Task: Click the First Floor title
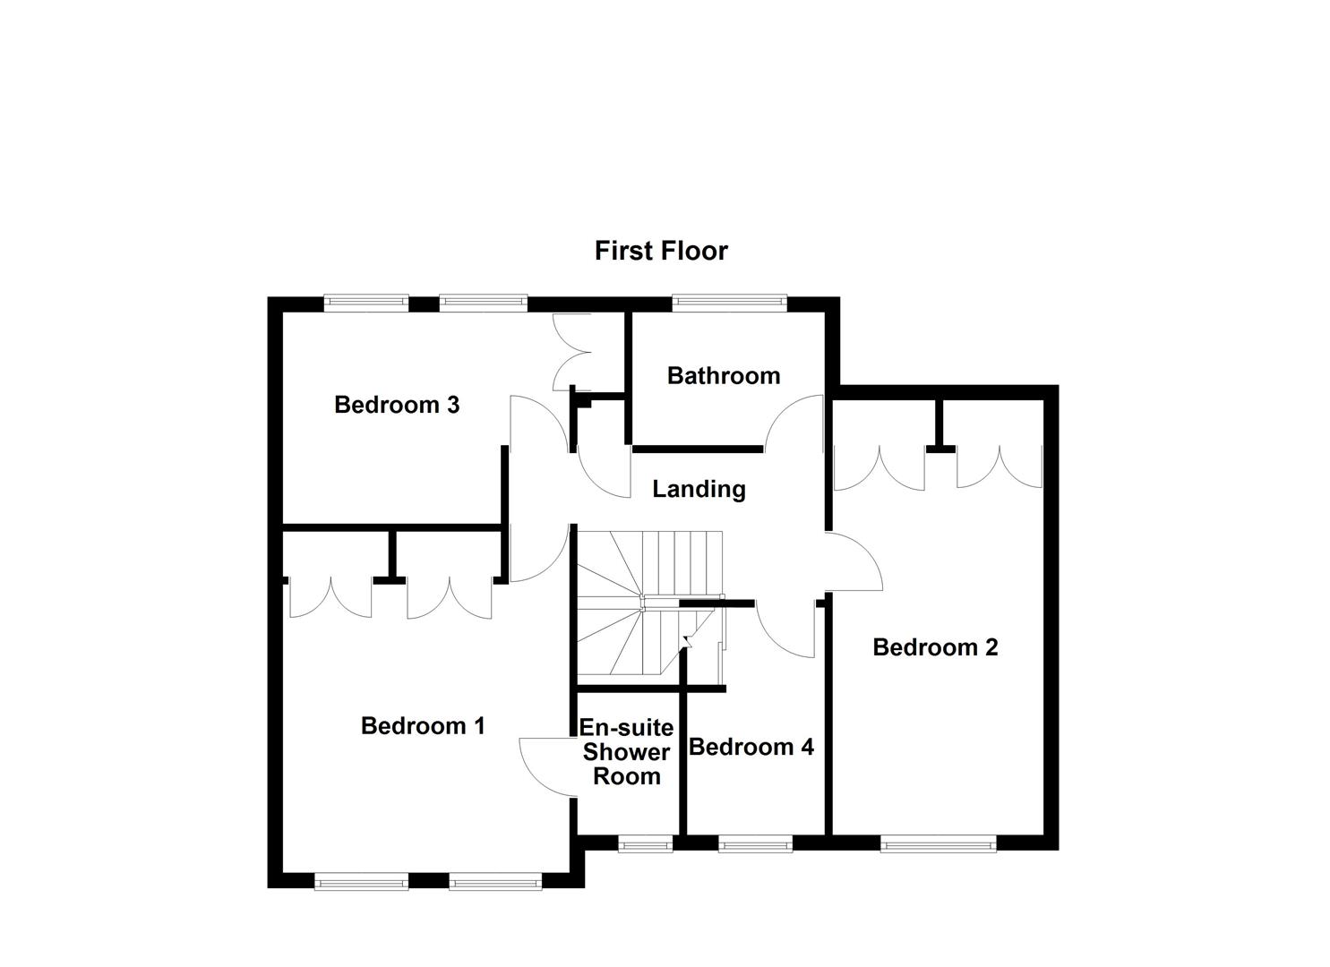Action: (661, 251)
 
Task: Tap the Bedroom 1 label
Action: (423, 725)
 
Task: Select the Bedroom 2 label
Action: (935, 647)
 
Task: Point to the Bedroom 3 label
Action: (397, 405)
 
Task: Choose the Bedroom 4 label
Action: (751, 747)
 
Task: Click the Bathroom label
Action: (724, 375)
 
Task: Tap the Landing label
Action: (699, 489)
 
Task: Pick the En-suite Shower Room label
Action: (627, 752)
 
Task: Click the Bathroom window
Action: (730, 303)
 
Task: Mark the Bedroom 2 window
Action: (938, 843)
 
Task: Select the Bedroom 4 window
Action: (755, 843)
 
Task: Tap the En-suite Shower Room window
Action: (645, 843)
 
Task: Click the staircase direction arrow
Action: (688, 638)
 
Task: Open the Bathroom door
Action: (795, 424)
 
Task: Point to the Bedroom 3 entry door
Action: (536, 423)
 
